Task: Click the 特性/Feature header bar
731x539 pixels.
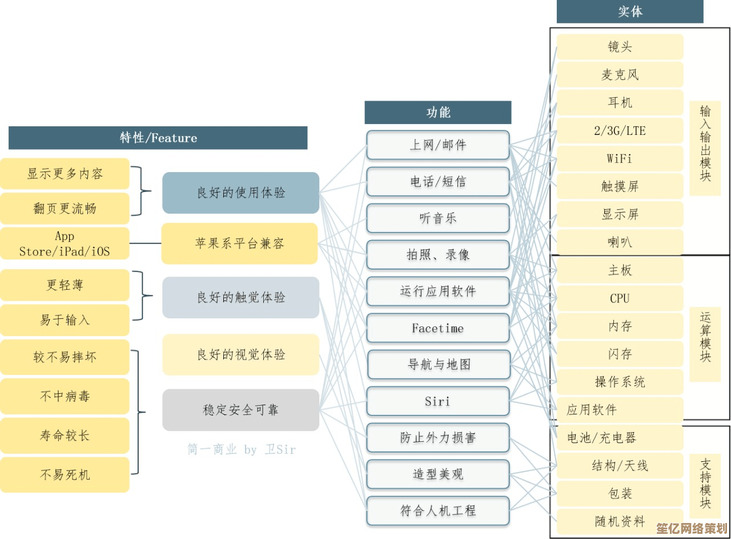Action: coord(158,138)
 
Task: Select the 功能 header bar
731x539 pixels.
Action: coord(438,113)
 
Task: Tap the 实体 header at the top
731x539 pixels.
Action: coord(630,11)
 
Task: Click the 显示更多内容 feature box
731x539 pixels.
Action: coord(65,174)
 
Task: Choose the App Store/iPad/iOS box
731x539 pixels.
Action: coord(65,243)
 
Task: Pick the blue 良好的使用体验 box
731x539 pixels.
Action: coord(241,193)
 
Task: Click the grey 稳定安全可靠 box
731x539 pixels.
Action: coord(241,410)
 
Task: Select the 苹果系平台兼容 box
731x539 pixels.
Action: coord(239,243)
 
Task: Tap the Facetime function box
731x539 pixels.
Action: coord(438,328)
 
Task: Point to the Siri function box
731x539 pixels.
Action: coord(438,401)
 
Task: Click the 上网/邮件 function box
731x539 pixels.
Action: coord(438,145)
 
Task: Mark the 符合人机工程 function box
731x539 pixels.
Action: coord(438,511)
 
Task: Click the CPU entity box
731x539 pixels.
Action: coord(620,298)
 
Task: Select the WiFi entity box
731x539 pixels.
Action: coord(620,159)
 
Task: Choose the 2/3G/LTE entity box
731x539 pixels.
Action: coord(620,131)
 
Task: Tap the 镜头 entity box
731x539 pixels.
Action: coord(620,47)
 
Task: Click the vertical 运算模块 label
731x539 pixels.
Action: coord(705,337)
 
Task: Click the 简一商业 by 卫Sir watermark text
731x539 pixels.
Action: coord(242,449)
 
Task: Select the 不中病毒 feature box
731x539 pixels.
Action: coord(65,396)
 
